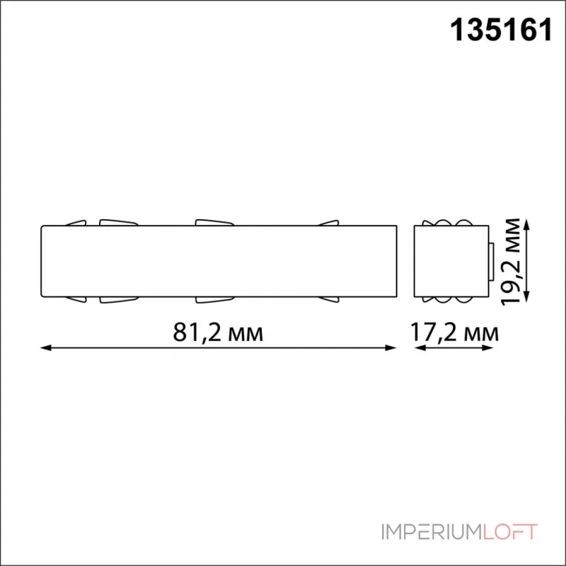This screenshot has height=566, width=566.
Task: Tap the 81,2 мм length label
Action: point(216,332)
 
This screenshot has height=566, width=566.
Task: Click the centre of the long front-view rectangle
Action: point(218,261)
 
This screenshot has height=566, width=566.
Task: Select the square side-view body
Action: point(450,261)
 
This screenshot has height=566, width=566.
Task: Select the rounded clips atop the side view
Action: point(450,222)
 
